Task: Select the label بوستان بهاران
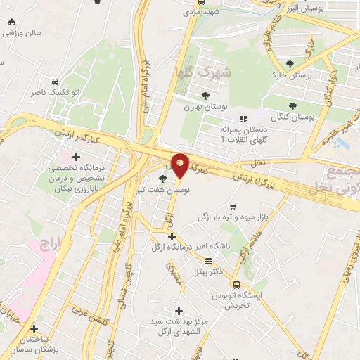[x=205, y=106]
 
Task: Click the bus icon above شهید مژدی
[x=201, y=2]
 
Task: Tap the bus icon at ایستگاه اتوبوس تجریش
[x=236, y=285]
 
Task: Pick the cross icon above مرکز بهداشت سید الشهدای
[x=179, y=310]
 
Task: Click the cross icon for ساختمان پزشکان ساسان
[x=34, y=328]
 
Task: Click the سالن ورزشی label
[x=24, y=33]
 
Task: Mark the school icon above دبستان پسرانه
[x=244, y=119]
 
